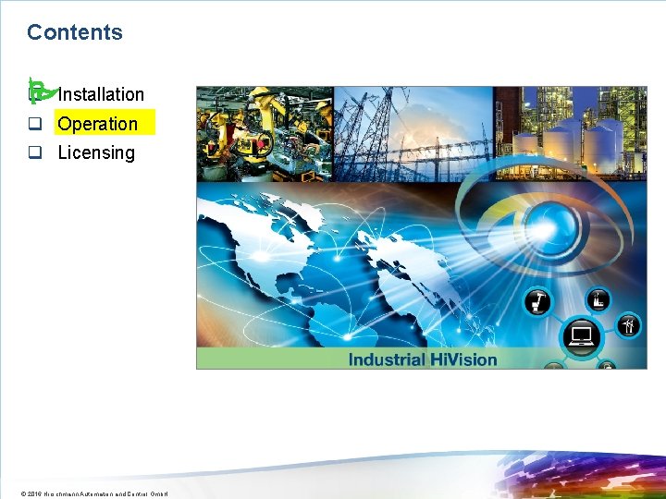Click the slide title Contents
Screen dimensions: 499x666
point(74,32)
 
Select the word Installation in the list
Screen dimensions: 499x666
point(101,94)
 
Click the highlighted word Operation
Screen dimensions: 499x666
point(98,124)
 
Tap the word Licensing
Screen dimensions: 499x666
point(96,153)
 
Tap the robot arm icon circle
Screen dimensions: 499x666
point(538,301)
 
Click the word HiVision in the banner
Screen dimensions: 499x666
point(463,359)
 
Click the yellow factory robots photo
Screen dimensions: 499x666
point(265,133)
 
